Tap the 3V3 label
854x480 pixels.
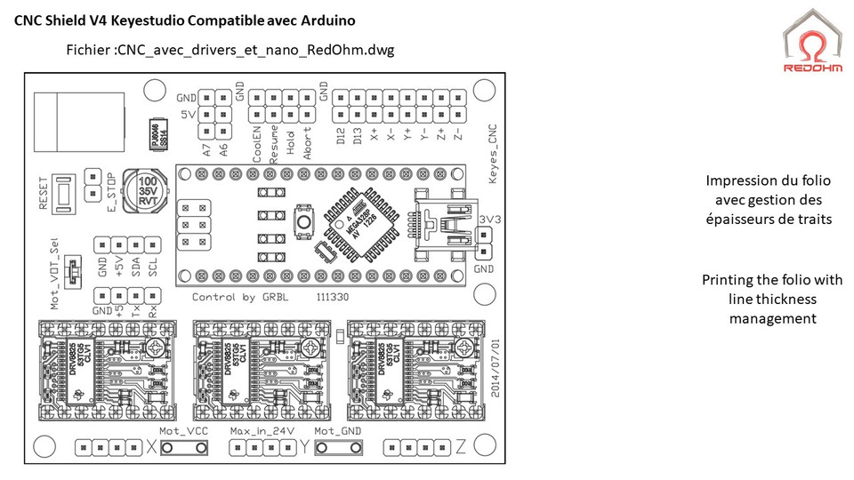[x=489, y=220]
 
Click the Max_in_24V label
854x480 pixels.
[x=261, y=431]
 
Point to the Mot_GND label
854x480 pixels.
[x=339, y=431]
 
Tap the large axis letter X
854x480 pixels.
[x=151, y=448]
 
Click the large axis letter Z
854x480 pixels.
[x=460, y=448]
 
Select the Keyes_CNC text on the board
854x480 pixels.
[x=495, y=155]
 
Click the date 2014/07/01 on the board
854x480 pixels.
[x=495, y=364]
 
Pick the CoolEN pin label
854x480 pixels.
[x=256, y=141]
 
